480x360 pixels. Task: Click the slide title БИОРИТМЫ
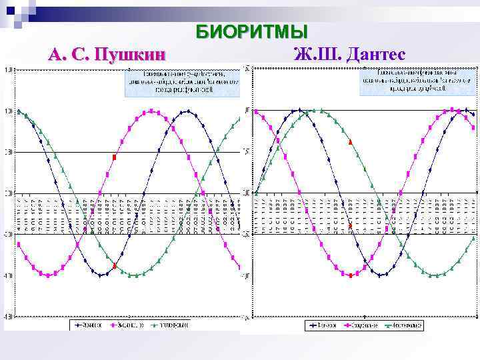tap(251, 32)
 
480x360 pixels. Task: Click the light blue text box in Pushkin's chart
tap(181, 81)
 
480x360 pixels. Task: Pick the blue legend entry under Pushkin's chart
tap(91, 325)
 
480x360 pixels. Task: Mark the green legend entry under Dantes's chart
tap(402, 325)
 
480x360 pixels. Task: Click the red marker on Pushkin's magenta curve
tap(115, 157)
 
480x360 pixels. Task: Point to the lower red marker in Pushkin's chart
tap(115, 265)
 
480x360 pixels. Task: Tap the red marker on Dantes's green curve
tap(351, 142)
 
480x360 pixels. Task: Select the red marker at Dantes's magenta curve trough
tap(351, 275)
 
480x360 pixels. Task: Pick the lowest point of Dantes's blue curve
tap(380, 275)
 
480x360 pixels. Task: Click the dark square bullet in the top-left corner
tap(10, 10)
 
